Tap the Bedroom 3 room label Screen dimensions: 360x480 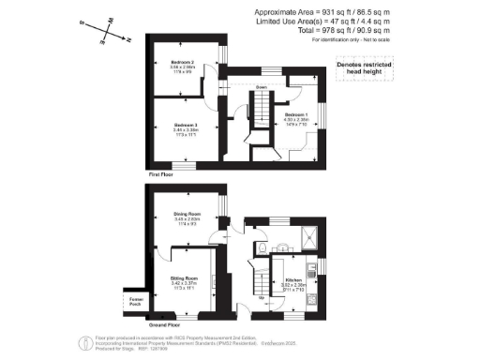pos(183,127)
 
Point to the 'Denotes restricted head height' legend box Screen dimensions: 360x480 pos(360,68)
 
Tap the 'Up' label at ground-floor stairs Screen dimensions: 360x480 pos(246,298)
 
